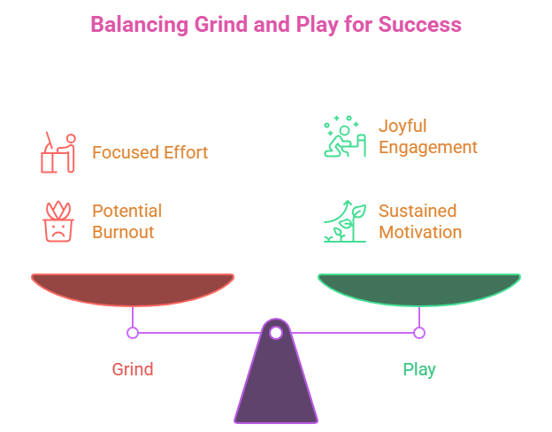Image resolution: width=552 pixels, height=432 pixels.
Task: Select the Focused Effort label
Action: click(x=150, y=152)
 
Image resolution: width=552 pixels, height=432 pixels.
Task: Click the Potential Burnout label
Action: click(x=126, y=221)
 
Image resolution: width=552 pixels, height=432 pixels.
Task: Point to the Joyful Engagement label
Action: click(x=428, y=136)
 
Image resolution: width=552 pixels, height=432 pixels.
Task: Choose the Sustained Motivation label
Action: click(x=420, y=221)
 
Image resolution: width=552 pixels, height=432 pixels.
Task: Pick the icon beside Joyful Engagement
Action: click(x=343, y=136)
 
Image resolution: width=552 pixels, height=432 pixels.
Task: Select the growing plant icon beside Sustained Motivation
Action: click(x=344, y=221)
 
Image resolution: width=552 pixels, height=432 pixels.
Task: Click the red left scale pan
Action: click(x=133, y=289)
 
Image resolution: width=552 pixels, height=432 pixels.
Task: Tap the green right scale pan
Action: click(x=419, y=289)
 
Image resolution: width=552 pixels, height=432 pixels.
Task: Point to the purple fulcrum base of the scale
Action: click(x=276, y=381)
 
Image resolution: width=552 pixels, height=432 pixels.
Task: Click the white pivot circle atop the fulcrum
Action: click(x=276, y=333)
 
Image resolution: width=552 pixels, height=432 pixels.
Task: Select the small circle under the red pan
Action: click(x=133, y=333)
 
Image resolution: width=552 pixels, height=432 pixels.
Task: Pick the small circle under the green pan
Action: click(x=419, y=333)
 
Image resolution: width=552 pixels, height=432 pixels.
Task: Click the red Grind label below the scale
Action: click(x=133, y=369)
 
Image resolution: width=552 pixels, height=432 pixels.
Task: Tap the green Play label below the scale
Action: click(x=419, y=369)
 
